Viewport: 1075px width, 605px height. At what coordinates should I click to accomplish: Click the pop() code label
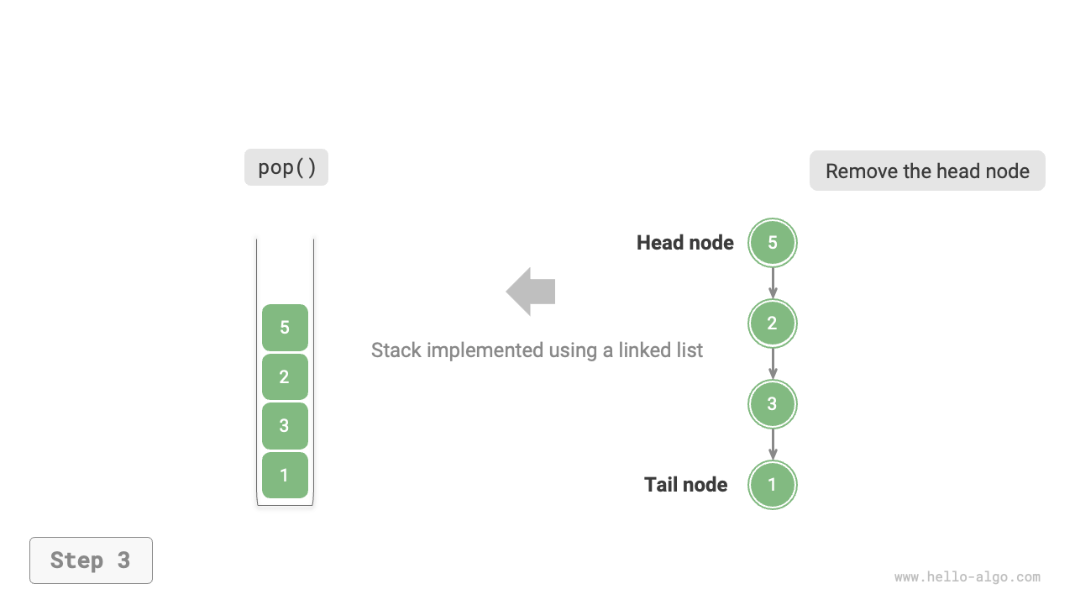pos(286,167)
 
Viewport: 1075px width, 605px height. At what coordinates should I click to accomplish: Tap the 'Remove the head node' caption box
pos(927,171)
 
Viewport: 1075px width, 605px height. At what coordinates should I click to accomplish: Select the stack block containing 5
pos(285,328)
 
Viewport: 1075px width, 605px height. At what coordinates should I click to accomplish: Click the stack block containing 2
pos(285,376)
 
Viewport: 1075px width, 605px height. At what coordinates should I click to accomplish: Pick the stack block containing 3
pos(285,426)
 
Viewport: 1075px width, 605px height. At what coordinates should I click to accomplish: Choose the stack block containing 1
pos(285,475)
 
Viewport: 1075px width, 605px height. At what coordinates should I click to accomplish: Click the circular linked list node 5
pos(773,243)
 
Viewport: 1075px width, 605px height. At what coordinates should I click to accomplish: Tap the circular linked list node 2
pos(773,324)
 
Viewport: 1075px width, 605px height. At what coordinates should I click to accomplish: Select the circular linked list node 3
pos(773,404)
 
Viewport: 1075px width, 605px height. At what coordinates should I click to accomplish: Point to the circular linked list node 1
pos(773,485)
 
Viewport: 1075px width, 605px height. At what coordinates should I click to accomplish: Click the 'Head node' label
pos(684,243)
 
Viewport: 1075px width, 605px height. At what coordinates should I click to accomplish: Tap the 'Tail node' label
pos(685,485)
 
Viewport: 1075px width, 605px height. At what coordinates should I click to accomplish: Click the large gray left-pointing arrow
pos(531,292)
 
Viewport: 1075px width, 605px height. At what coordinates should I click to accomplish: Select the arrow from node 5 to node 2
pos(773,283)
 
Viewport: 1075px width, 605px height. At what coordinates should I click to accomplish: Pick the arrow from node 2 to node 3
pos(773,364)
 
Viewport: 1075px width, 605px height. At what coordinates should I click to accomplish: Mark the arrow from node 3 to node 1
pos(773,445)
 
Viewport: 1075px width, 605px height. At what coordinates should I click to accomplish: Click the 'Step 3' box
pos(91,560)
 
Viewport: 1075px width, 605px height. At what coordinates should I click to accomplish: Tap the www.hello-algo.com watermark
pos(967,577)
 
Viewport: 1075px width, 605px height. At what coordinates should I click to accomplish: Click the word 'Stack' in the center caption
pos(396,350)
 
